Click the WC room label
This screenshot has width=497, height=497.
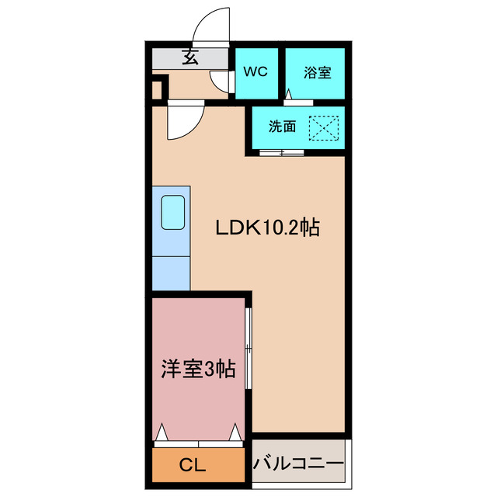(255, 72)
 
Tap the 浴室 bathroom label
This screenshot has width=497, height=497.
(317, 72)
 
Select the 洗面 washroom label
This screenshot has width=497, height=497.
(282, 127)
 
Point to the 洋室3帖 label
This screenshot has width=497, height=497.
(198, 368)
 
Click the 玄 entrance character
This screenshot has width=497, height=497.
(189, 57)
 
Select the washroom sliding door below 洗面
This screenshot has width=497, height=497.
(282, 152)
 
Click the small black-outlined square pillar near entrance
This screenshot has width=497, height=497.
(158, 89)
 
